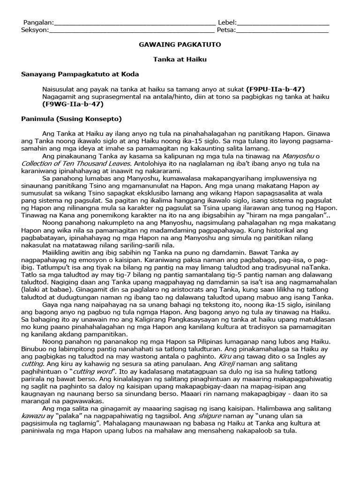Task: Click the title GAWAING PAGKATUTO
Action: click(x=180, y=45)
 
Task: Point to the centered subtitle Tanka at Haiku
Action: click(x=180, y=60)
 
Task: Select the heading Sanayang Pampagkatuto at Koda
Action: click(x=80, y=74)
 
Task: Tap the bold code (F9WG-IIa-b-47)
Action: click(x=72, y=104)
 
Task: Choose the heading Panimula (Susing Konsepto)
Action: click(x=72, y=118)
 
